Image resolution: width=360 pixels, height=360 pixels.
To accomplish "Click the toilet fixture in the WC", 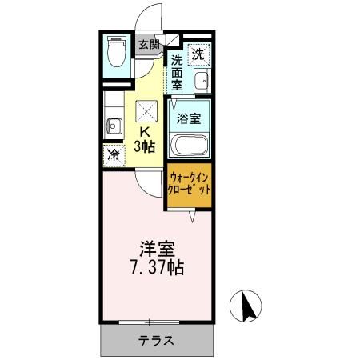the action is click(x=117, y=51).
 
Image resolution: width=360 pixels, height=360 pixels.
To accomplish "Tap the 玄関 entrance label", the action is click(x=150, y=45).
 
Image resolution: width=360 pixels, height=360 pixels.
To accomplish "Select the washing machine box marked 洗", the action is click(x=199, y=54).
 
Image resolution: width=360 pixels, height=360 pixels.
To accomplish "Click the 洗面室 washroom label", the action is click(x=177, y=73).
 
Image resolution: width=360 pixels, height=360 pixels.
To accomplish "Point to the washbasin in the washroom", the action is click(x=202, y=81).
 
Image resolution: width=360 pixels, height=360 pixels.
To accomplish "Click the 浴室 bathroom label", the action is click(x=189, y=118).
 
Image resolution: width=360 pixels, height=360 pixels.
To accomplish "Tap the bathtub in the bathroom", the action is click(x=189, y=145).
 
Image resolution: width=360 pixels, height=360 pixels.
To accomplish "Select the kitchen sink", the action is click(x=114, y=126).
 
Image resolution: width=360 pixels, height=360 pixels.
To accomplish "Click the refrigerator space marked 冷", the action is click(x=114, y=155).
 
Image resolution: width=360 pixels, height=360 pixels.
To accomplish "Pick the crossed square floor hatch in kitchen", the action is click(x=146, y=111).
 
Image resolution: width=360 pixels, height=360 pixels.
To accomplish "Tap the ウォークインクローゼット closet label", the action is click(x=189, y=184).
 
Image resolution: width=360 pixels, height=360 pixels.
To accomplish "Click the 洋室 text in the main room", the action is click(x=158, y=249).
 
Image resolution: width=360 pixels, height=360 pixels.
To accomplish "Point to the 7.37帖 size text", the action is click(x=158, y=267).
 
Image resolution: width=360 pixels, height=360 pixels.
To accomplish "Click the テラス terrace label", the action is click(x=156, y=341).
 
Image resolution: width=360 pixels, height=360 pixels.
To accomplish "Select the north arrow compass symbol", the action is click(x=246, y=306).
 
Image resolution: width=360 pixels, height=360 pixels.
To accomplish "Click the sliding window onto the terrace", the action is click(x=149, y=322).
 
